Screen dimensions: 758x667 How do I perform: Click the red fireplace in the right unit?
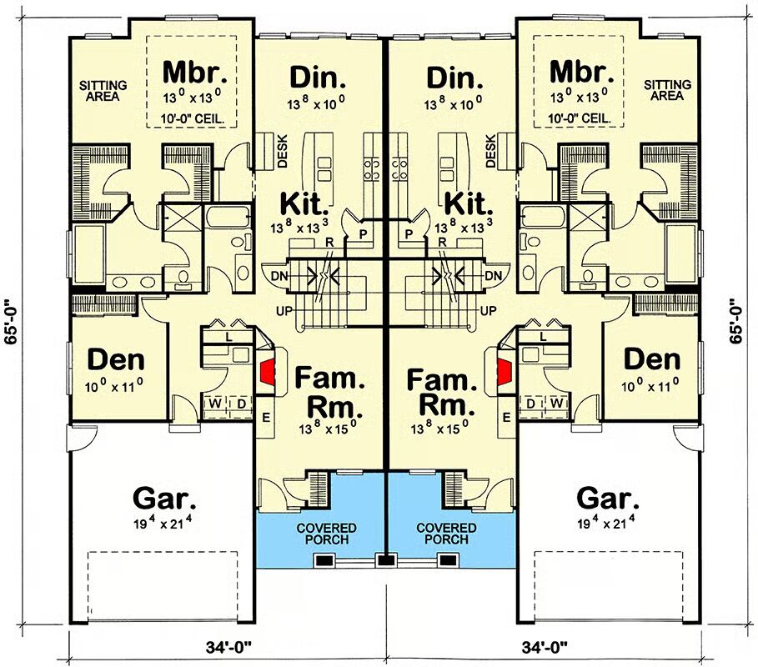coord(504,372)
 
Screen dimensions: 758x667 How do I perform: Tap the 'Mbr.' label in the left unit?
coord(195,72)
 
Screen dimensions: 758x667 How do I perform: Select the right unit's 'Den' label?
coord(651,359)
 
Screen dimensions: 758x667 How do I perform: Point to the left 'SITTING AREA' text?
coord(103,91)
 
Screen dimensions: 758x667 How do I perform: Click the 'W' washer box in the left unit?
coord(216,403)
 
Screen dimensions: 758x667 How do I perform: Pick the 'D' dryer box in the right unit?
coord(531,403)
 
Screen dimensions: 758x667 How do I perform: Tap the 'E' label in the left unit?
coord(266,418)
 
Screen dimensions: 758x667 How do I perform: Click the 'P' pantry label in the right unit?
coord(409,234)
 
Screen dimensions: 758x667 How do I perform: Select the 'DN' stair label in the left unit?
coord(279,277)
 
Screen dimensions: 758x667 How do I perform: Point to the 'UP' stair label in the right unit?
coord(489,311)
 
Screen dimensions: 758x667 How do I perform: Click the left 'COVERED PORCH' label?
coord(326,534)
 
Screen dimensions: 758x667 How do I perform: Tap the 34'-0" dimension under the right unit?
coord(545,645)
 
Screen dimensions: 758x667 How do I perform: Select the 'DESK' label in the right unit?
coord(490,151)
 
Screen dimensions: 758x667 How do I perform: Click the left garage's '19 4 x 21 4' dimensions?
coord(164,524)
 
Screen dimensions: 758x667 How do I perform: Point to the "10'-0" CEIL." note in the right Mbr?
coord(580,118)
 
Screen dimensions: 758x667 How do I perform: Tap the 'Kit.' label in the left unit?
coord(304,203)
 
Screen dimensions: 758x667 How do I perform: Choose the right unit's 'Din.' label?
coord(455,78)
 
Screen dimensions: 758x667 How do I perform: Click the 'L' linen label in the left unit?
coord(229,338)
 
